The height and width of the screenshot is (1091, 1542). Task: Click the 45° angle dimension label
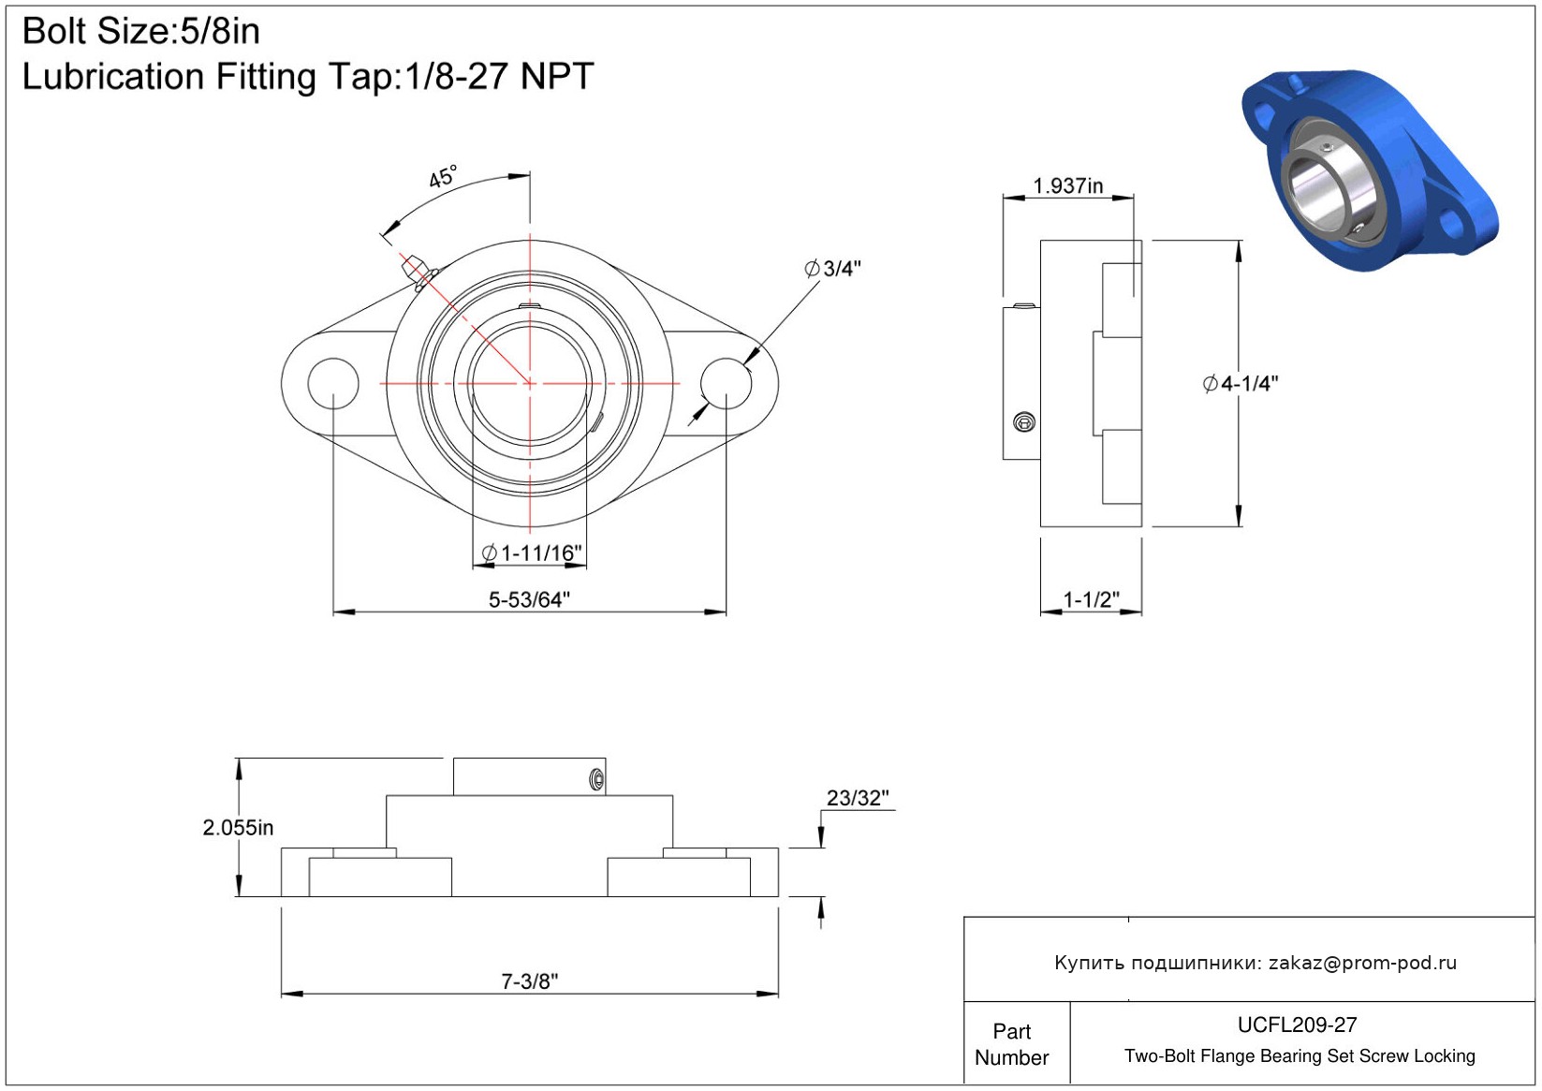tap(443, 177)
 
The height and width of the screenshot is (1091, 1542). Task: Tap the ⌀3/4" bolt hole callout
tap(833, 269)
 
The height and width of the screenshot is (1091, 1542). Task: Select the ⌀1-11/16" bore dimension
tap(532, 553)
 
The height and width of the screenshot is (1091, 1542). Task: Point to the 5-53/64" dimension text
tap(529, 600)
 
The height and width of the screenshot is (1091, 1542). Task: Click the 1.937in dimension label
tap(1067, 186)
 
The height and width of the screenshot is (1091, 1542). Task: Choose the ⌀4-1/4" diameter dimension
tap(1241, 384)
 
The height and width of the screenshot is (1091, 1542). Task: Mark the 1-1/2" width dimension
tap(1091, 600)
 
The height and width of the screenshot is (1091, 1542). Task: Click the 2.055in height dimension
tap(238, 827)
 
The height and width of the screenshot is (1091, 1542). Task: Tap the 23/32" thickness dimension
tap(857, 798)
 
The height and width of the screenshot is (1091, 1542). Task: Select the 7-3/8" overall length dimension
tap(529, 981)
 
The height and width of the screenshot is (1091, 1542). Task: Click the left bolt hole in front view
tap(333, 384)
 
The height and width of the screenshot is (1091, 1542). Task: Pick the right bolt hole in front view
tap(727, 384)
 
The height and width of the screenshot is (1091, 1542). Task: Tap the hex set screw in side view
tap(1024, 422)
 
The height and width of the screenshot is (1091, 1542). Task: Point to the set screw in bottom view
tap(596, 780)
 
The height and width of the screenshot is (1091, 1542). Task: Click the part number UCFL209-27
tap(1297, 1025)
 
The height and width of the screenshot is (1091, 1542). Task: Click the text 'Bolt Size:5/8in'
tap(141, 32)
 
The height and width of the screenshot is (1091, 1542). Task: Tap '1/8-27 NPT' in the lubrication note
tap(499, 76)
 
